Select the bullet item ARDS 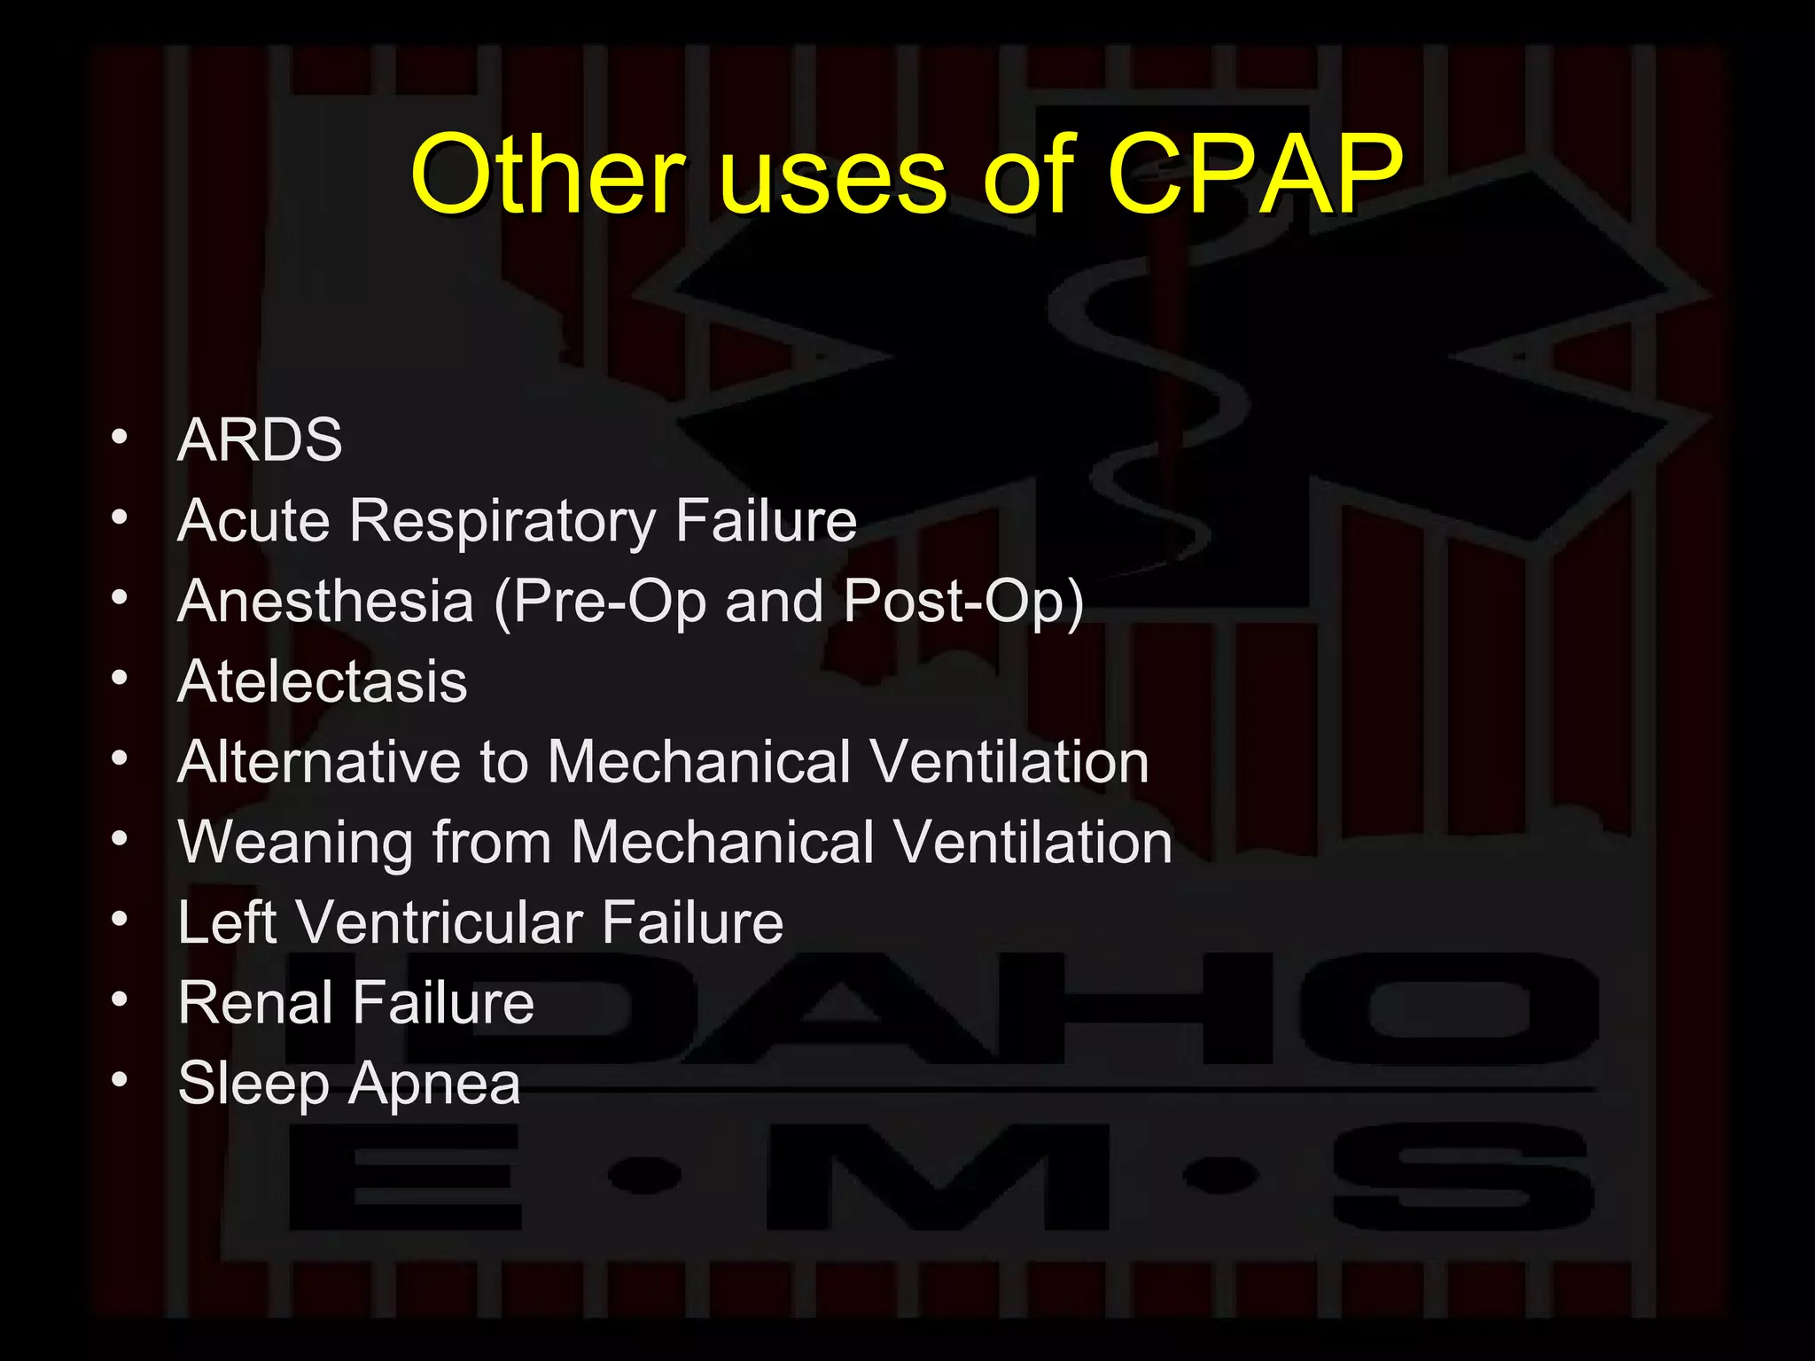(x=260, y=439)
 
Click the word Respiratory (x=502, y=521)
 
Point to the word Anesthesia (x=325, y=601)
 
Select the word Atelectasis (x=322, y=681)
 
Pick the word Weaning (x=296, y=843)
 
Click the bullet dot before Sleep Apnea (x=120, y=1079)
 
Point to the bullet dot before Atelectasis (x=120, y=678)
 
